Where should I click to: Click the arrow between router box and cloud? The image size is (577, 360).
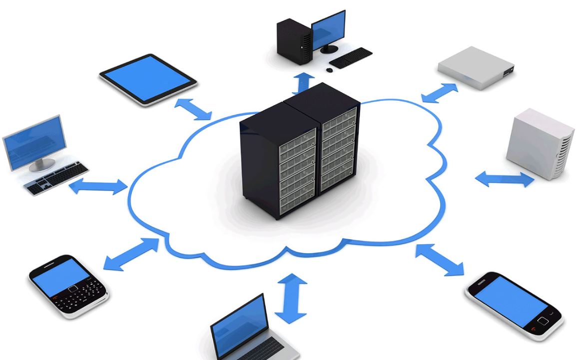[439, 93]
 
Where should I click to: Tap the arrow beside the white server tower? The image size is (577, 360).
[504, 179]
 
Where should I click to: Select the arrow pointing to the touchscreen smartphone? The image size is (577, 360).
[440, 260]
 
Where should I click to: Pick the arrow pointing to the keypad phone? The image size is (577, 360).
[131, 255]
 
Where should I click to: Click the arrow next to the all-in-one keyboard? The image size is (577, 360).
[98, 187]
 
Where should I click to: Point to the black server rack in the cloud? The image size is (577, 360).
[299, 153]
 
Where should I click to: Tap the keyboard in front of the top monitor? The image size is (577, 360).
[351, 57]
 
